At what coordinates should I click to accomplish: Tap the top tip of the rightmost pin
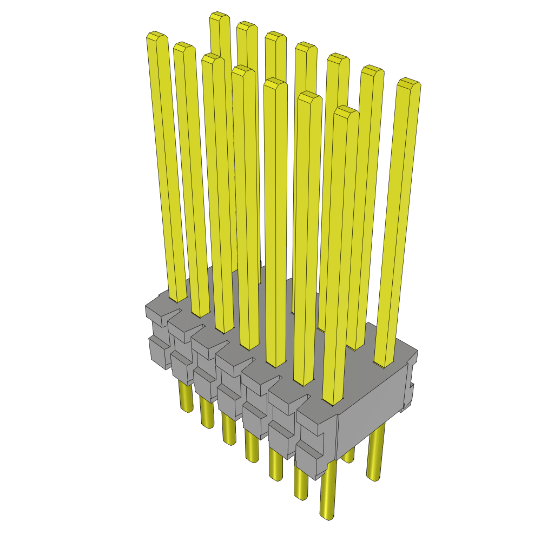[409, 83]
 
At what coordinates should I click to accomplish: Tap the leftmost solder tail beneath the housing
[185, 398]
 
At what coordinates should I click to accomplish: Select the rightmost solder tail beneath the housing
[374, 454]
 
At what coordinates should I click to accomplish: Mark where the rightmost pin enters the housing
[384, 361]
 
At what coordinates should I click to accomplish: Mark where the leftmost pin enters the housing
[177, 298]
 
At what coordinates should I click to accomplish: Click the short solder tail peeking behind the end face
[349, 454]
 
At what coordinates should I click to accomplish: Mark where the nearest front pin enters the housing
[333, 400]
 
